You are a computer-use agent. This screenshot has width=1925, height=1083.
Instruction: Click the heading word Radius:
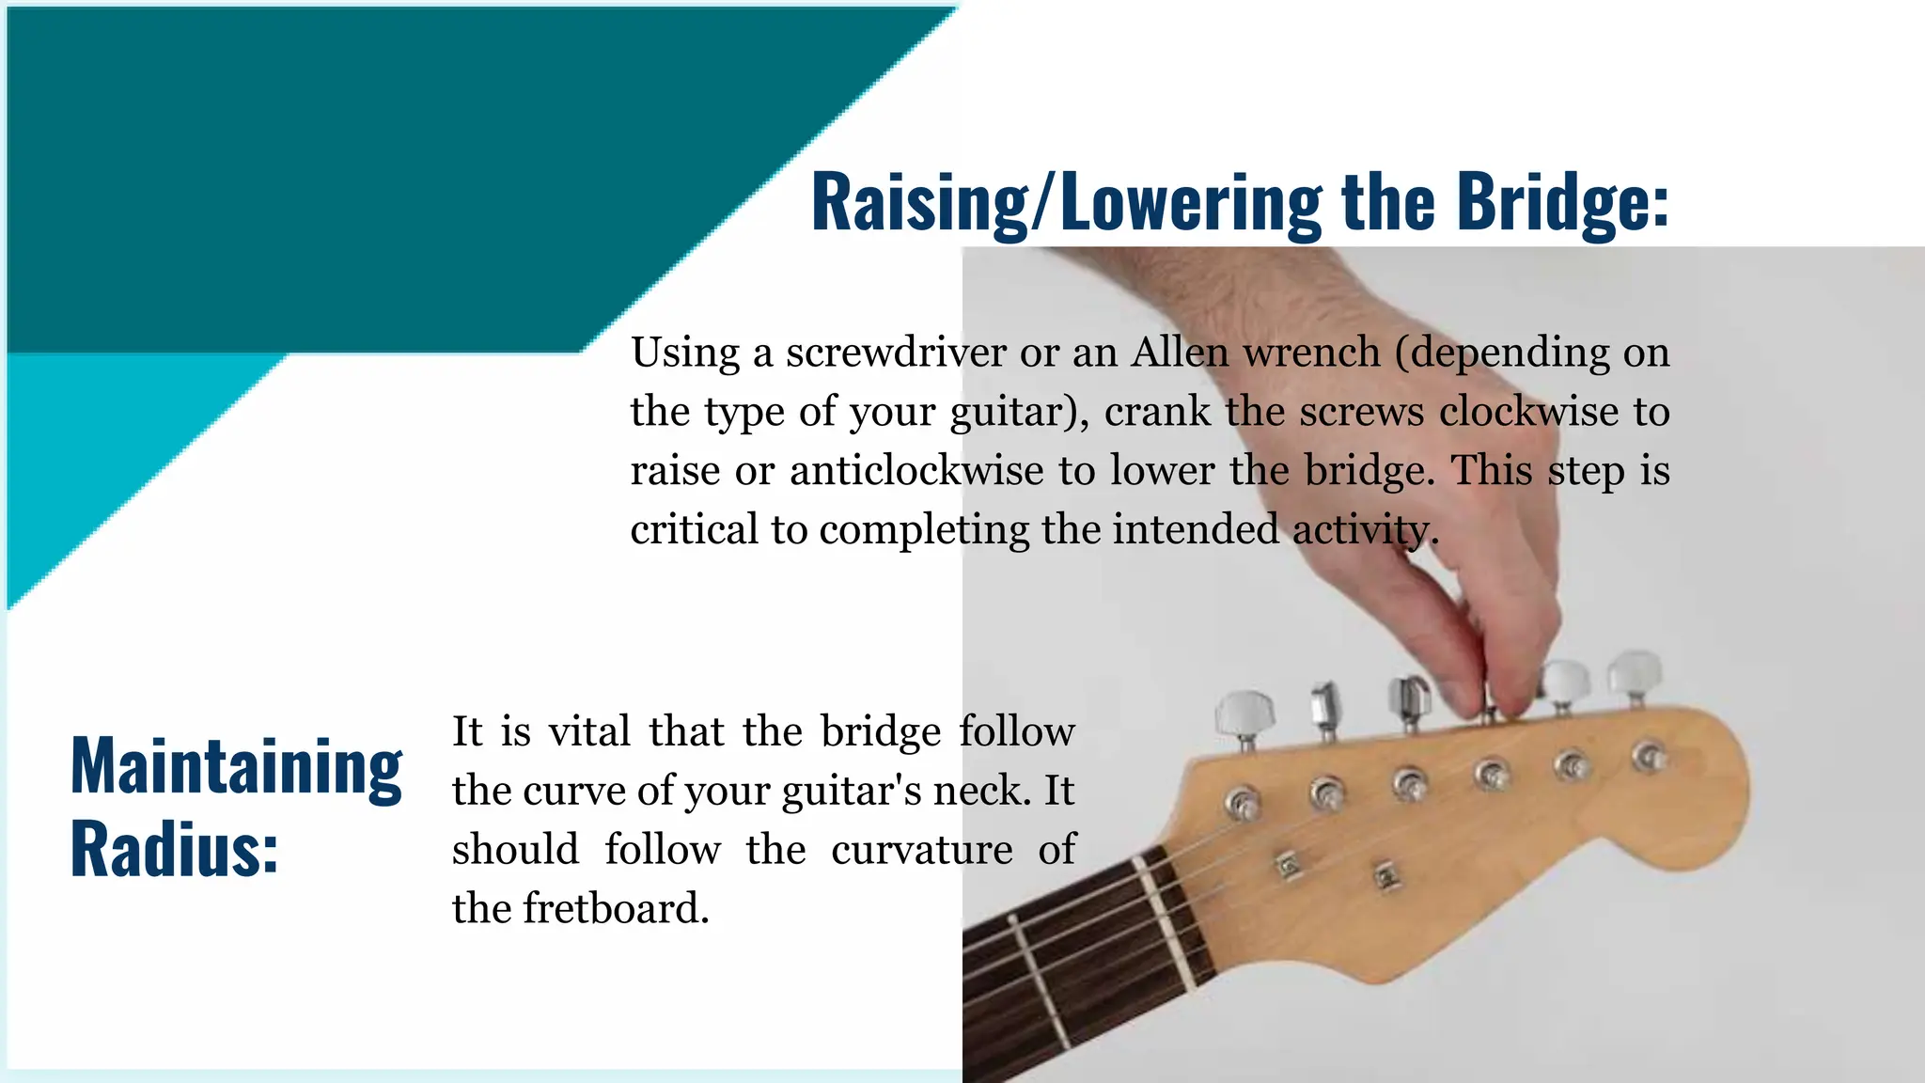[175, 850]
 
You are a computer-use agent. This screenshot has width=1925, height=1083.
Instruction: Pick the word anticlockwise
[916, 471]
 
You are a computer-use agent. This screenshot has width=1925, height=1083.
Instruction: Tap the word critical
[694, 530]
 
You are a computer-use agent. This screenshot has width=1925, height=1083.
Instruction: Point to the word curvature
[921, 851]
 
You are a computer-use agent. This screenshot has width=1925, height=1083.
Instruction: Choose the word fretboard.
[617, 909]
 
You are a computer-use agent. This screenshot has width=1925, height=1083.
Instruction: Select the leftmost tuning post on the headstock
[1243, 803]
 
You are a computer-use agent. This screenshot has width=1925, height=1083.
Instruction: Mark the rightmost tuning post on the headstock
[1648, 754]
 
